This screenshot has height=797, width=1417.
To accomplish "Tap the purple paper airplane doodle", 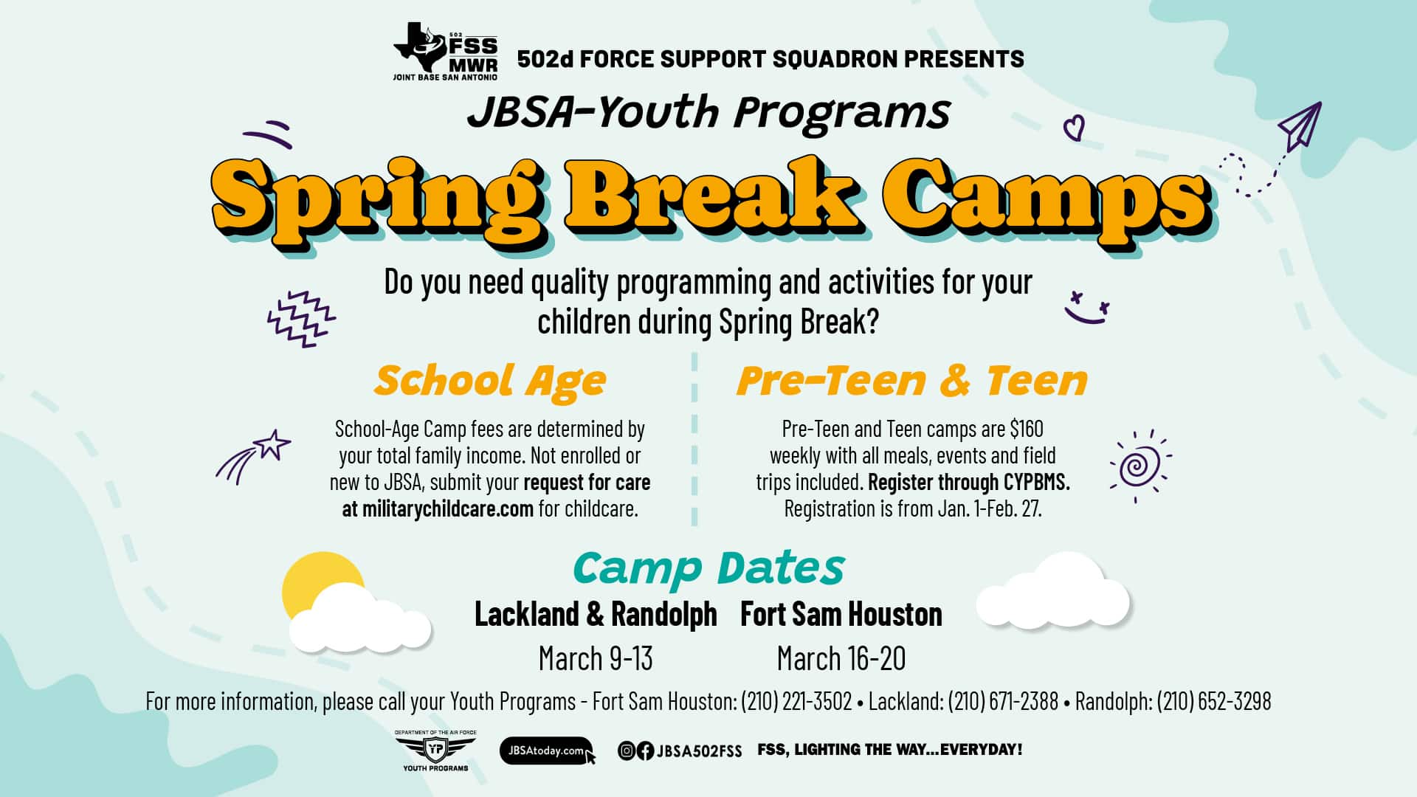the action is click(1300, 127).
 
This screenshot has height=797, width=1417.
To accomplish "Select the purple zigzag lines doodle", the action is click(300, 319).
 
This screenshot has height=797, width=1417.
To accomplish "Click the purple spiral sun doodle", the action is click(1139, 466).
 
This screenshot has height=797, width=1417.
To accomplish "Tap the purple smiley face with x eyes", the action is click(1086, 307).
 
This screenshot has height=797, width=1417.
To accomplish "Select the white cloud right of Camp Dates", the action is click(1053, 593).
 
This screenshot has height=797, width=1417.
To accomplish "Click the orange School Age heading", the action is click(490, 382).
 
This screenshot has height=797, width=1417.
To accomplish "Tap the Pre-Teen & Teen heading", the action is click(912, 381).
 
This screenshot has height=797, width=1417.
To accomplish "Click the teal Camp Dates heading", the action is click(708, 569).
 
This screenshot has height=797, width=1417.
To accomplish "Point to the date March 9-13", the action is click(596, 658).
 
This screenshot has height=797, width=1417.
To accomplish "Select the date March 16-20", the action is click(841, 658).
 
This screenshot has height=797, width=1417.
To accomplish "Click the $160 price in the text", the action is click(1027, 429).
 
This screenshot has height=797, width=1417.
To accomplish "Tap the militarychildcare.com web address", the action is click(447, 508).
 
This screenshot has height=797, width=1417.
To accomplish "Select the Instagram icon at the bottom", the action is click(627, 751).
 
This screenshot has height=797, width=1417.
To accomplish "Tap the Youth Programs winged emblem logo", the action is click(435, 751).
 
